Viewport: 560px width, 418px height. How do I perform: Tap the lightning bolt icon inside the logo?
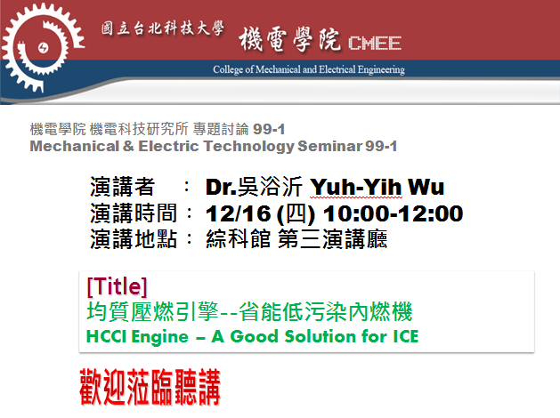click(x=44, y=48)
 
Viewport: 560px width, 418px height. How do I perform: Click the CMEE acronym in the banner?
click(x=375, y=44)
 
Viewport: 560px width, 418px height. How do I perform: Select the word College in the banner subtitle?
click(x=228, y=69)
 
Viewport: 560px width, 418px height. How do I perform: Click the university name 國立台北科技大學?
click(x=163, y=28)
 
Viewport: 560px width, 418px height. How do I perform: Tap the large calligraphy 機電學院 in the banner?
click(x=289, y=39)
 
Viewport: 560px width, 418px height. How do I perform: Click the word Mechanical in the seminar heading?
click(x=75, y=146)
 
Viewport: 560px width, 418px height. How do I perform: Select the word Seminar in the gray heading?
click(x=330, y=146)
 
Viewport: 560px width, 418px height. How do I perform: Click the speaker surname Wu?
click(x=426, y=187)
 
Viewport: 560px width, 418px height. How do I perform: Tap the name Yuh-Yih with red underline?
click(x=356, y=188)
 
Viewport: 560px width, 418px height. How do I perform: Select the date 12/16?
click(x=239, y=213)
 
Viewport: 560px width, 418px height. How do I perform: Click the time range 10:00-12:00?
click(x=393, y=213)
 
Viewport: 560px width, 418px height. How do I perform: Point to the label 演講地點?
click(x=134, y=238)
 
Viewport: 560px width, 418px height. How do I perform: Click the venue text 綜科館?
click(x=239, y=238)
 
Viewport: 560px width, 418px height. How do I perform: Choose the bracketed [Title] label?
click(x=117, y=286)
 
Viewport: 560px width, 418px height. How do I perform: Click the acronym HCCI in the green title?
click(x=107, y=337)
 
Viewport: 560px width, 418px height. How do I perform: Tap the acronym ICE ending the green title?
click(x=405, y=337)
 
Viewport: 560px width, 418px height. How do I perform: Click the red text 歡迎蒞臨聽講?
click(x=150, y=388)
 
